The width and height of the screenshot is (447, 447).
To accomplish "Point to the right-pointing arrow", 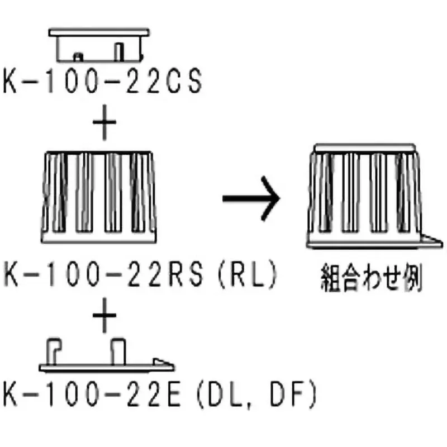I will pyautogui.click(x=250, y=200).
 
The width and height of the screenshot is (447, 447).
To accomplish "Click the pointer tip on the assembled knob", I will pyautogui.click(x=439, y=241).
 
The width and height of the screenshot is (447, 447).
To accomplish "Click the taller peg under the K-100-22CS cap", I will pyautogui.click(x=119, y=51).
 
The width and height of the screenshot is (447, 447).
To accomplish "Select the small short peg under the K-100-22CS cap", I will pyautogui.click(x=78, y=56).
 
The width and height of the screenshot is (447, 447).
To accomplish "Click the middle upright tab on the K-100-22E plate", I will pyautogui.click(x=117, y=350).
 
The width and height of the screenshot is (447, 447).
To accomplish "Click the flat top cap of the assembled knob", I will pyautogui.click(x=364, y=148).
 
